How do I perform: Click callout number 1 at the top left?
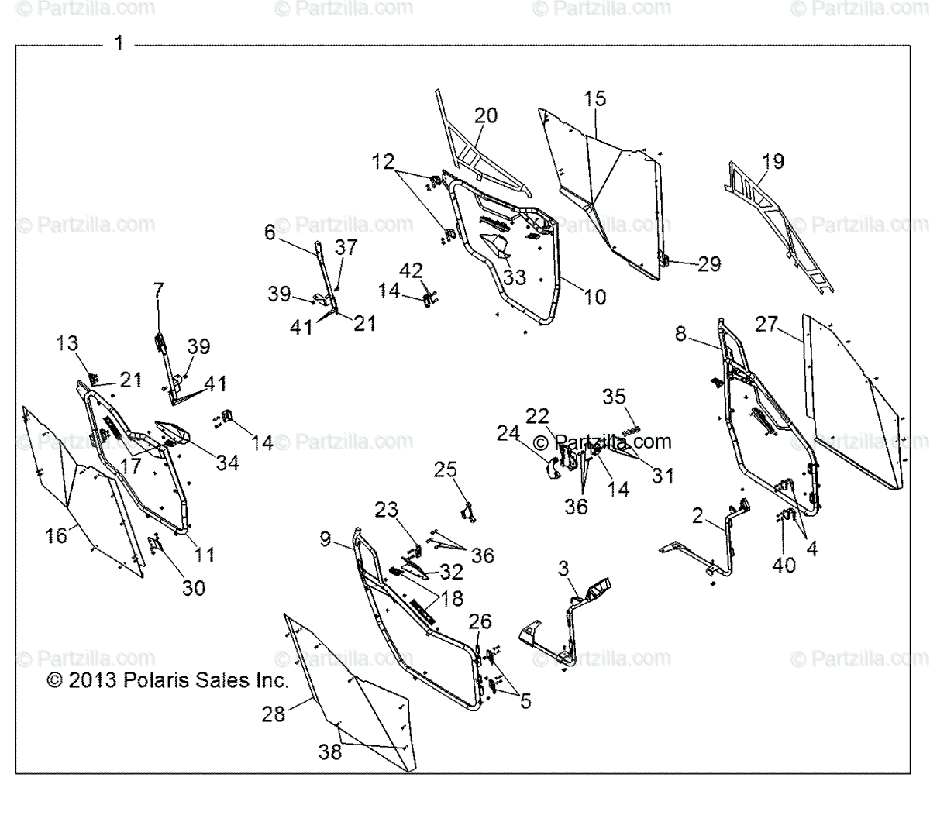[x=119, y=44]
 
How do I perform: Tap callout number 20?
[x=486, y=115]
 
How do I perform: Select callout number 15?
[x=595, y=99]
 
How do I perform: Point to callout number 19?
[x=773, y=161]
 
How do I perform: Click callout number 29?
[x=708, y=263]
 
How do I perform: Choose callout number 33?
[x=514, y=277]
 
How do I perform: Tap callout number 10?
[x=594, y=296]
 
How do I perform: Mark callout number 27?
[x=766, y=323]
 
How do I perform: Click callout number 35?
[x=614, y=397]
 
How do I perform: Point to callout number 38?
[x=330, y=751]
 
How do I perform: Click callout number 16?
[x=57, y=534]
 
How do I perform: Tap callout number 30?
[x=193, y=587]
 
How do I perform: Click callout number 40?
[x=784, y=565]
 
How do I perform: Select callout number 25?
[x=446, y=469]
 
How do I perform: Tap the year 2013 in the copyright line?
[x=92, y=681]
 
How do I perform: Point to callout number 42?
[x=412, y=271]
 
